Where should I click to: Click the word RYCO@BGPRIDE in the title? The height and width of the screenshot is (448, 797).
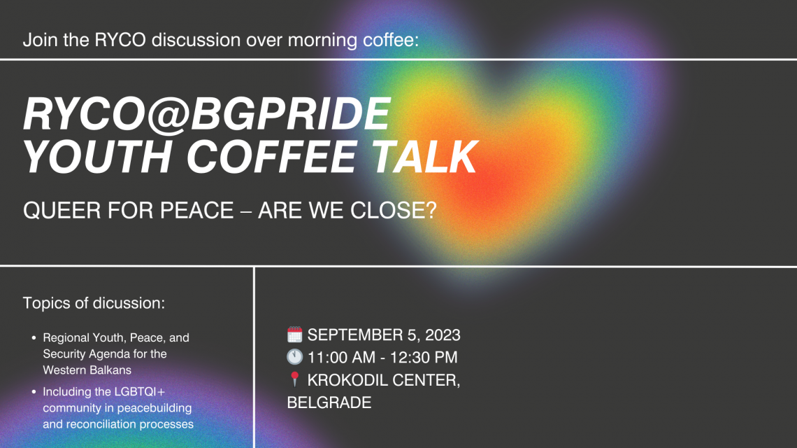tap(207, 114)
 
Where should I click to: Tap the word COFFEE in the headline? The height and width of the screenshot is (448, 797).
tap(272, 156)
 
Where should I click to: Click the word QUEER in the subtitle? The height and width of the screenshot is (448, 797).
tap(57, 210)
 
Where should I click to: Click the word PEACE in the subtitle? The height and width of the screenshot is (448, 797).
tap(196, 210)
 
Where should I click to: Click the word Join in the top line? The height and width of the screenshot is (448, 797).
tap(40, 40)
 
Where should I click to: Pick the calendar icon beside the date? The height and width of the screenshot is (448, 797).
tap(295, 335)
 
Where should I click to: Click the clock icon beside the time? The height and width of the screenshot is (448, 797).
tap(295, 357)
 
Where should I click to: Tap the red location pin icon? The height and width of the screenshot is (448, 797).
tap(295, 379)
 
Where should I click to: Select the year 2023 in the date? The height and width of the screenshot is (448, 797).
tap(443, 335)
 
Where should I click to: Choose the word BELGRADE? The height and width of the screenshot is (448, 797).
tap(329, 402)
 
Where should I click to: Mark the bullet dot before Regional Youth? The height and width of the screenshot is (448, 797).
tap(34, 337)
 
